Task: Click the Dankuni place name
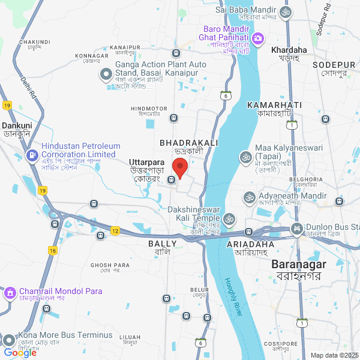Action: [17, 126]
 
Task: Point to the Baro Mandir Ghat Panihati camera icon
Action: [258, 39]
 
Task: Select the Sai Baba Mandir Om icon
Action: [286, 11]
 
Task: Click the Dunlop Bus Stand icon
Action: [297, 228]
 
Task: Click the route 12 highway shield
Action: [115, 230]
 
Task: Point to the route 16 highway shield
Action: [53, 250]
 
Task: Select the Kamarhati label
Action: [274, 105]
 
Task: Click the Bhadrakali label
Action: [188, 143]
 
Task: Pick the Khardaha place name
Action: [289, 50]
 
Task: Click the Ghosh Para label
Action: [110, 265]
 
